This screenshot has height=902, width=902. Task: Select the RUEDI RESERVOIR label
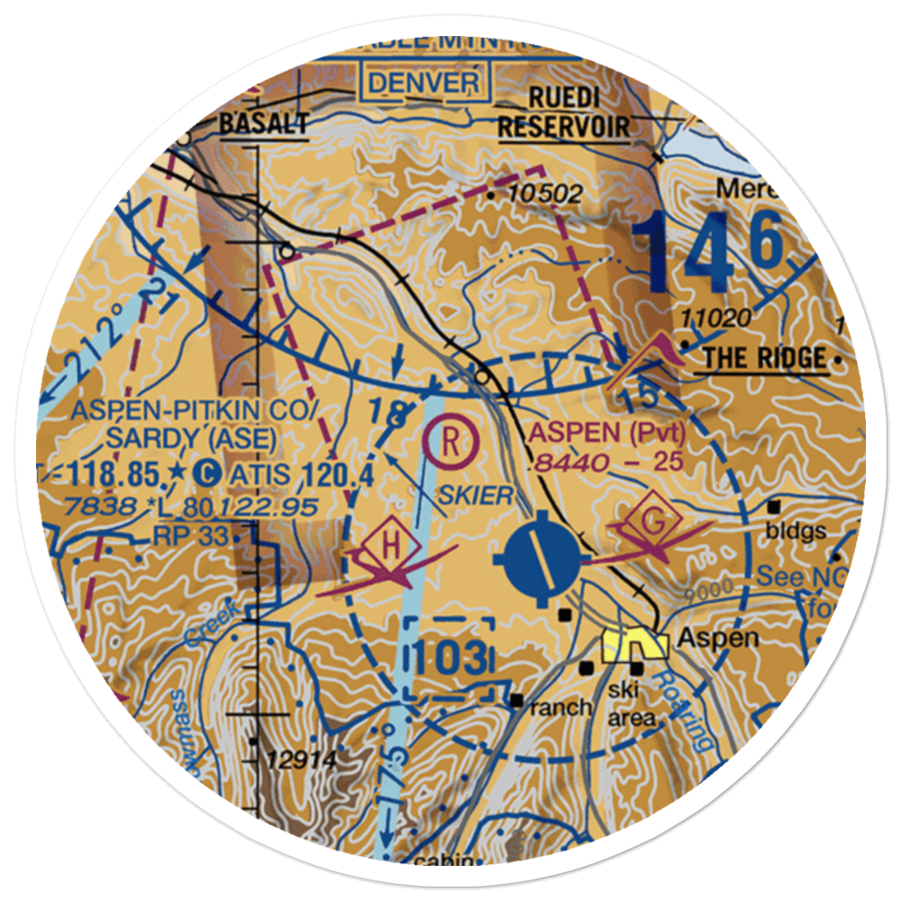[564, 113]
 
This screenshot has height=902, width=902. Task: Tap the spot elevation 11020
[716, 318]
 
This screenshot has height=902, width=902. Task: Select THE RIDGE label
[765, 358]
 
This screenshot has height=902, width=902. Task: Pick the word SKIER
[475, 494]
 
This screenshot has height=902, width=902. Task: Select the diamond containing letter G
[654, 522]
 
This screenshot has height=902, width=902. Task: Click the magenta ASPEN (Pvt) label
[608, 433]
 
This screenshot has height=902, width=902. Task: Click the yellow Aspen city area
[636, 645]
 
